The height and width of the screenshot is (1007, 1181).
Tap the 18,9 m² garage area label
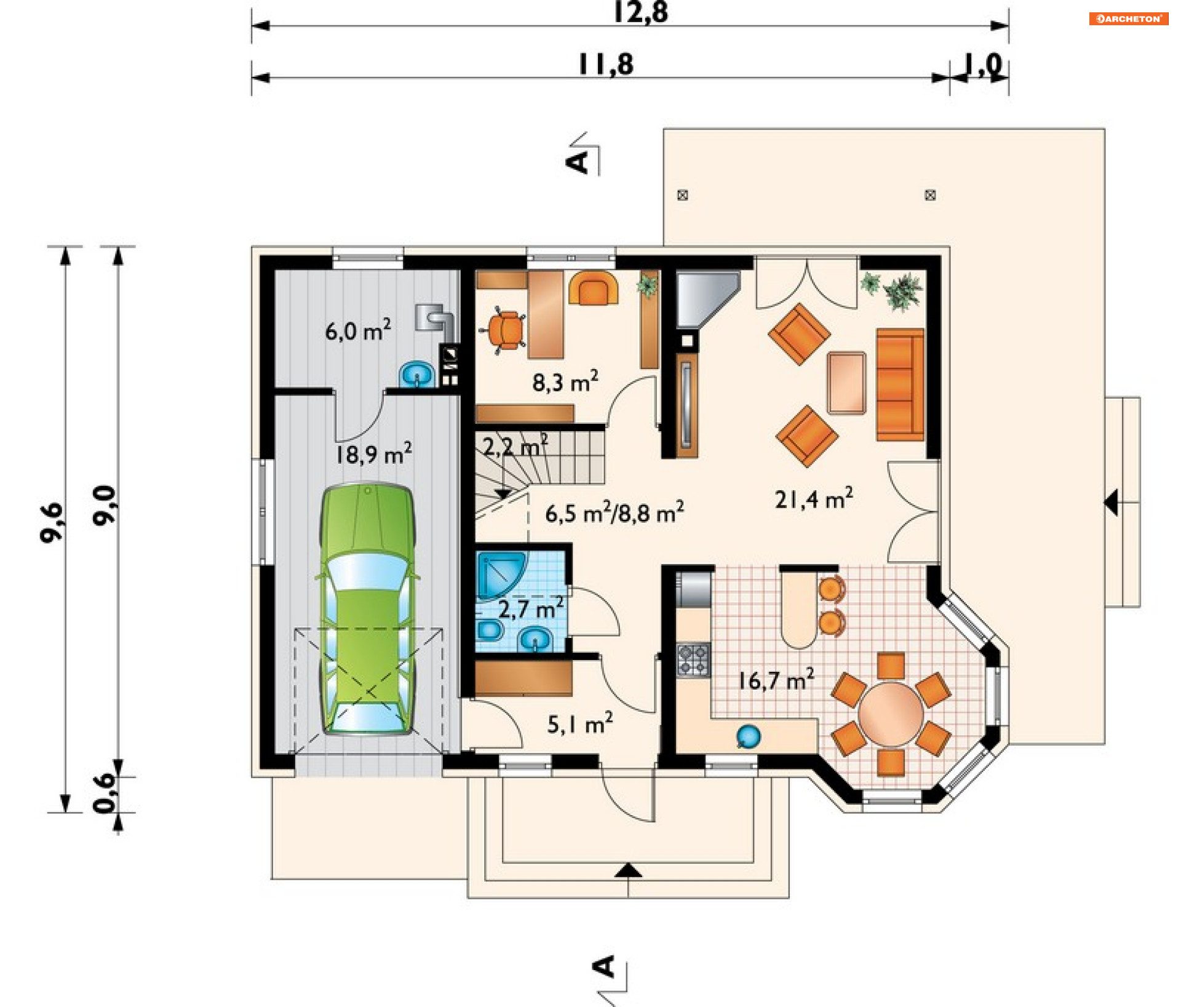pyautogui.click(x=373, y=454)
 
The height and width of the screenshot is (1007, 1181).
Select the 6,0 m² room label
pyautogui.click(x=357, y=330)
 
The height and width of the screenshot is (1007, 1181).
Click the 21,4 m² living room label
pyautogui.click(x=813, y=499)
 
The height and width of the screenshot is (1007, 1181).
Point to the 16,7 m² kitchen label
pyautogui.click(x=776, y=680)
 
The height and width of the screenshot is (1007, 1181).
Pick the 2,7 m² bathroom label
pyautogui.click(x=530, y=608)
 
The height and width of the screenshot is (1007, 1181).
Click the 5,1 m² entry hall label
pyautogui.click(x=579, y=724)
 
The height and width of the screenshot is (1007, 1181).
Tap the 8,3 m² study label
pyautogui.click(x=565, y=381)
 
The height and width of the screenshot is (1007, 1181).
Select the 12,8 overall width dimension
pyautogui.click(x=640, y=12)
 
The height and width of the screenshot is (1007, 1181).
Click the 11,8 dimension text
pyautogui.click(x=606, y=65)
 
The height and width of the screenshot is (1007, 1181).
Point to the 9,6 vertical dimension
pyautogui.click(x=52, y=522)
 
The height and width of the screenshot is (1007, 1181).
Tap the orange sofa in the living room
pyautogui.click(x=900, y=384)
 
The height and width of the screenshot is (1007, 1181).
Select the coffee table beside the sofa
pyautogui.click(x=846, y=383)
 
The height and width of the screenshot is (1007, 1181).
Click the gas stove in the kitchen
pyautogui.click(x=693, y=659)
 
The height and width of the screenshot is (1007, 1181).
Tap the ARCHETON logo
pyautogui.click(x=1129, y=18)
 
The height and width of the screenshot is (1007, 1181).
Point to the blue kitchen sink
pyautogui.click(x=748, y=736)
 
